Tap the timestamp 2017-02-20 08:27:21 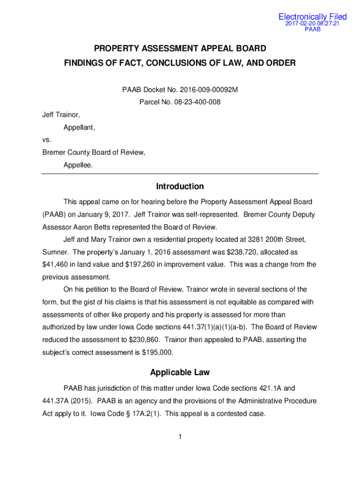click(313, 23)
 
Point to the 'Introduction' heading click(180, 186)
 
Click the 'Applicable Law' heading click(180, 372)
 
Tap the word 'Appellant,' click(79, 127)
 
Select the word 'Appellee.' click(78, 165)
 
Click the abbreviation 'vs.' click(47, 139)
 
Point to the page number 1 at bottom click(180, 437)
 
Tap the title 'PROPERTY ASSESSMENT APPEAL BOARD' click(180, 48)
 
